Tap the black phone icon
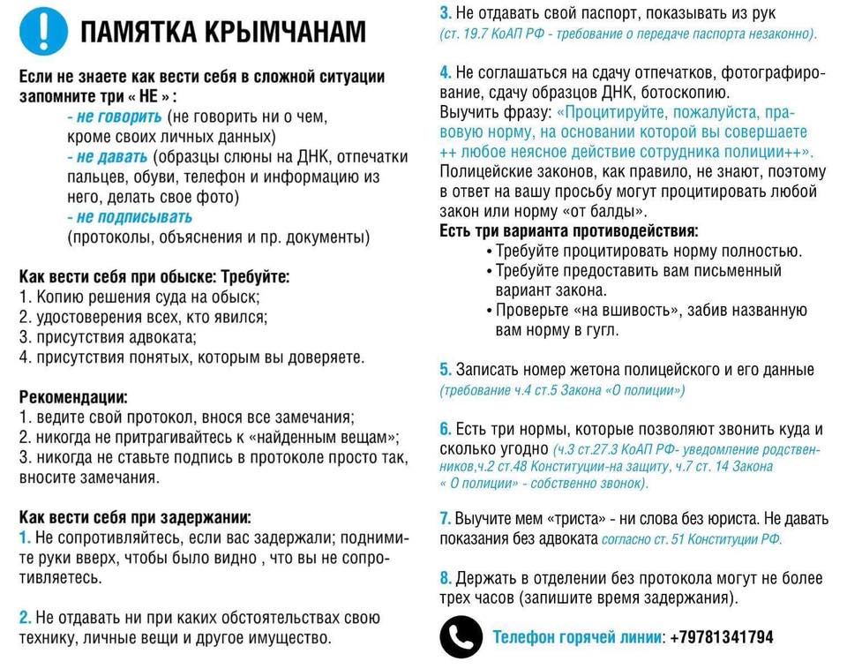(x=461, y=636)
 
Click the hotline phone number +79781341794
(x=722, y=636)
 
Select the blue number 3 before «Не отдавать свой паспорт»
(x=445, y=13)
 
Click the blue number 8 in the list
(x=445, y=578)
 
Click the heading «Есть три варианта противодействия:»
(x=568, y=231)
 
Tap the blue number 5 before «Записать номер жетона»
(x=445, y=370)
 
